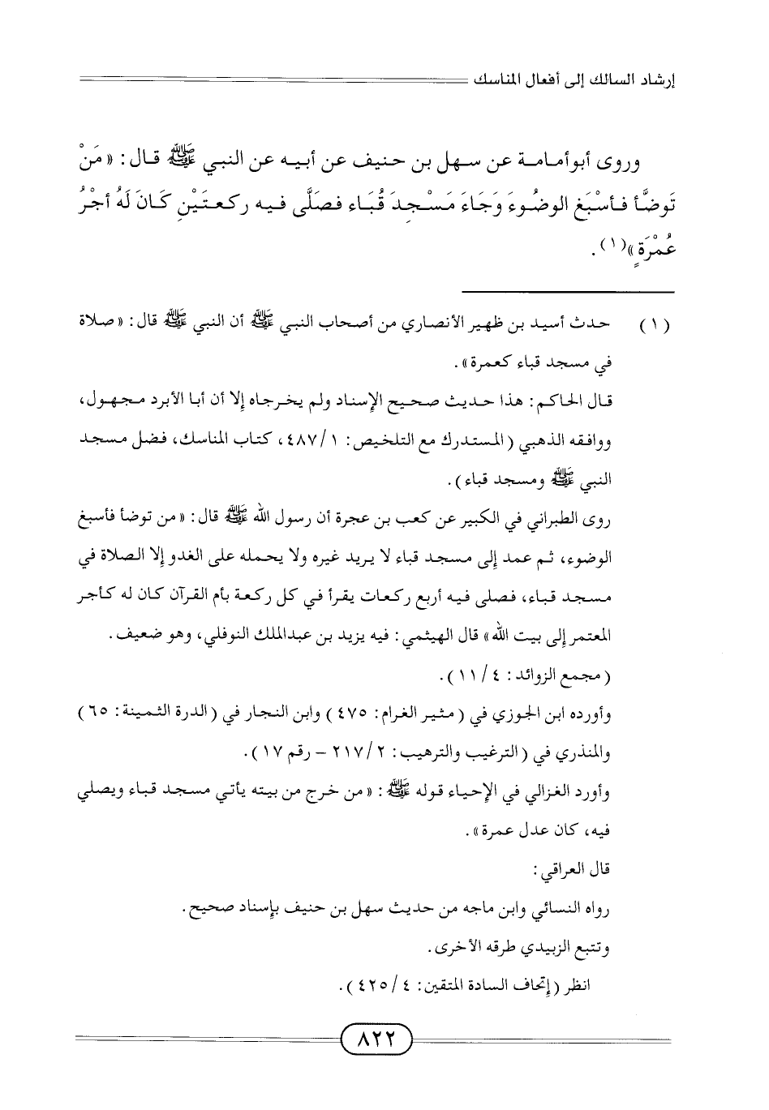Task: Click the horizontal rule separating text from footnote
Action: tap(568, 291)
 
